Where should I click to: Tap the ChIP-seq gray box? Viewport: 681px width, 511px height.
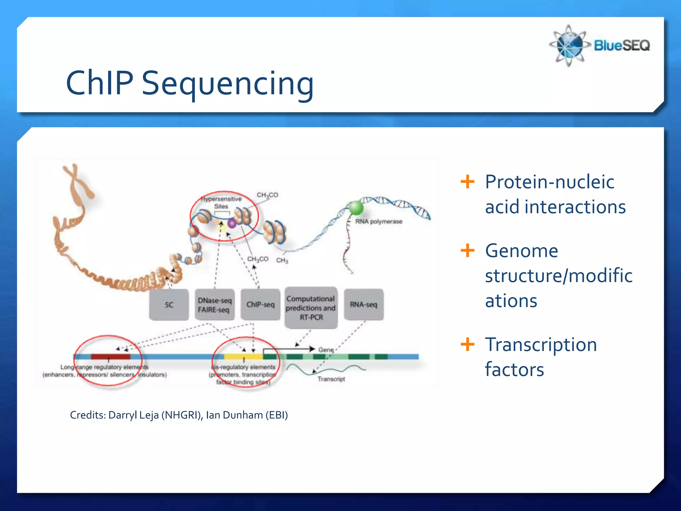pos(260,304)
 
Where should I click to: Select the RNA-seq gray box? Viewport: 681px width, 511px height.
pos(363,304)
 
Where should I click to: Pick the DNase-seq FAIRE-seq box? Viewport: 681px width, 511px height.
pos(214,305)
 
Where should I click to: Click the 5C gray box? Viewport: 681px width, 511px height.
pos(169,305)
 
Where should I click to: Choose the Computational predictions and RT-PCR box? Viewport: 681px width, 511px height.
pos(311,308)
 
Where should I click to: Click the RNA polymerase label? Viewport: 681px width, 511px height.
pos(378,222)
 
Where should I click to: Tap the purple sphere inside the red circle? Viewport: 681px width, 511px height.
pos(232,223)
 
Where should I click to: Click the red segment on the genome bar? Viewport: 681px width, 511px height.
pos(110,357)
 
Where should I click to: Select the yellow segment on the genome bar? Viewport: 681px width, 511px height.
pos(243,357)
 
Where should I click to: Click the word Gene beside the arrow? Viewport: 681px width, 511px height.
pos(326,350)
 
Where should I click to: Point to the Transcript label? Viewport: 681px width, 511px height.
pos(331,379)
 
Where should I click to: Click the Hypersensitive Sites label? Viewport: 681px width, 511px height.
pos(221,202)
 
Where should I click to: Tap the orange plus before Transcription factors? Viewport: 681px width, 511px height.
pos(467,344)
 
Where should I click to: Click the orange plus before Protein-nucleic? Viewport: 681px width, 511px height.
pos(467,182)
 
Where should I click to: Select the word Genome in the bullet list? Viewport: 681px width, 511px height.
pos(521,251)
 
